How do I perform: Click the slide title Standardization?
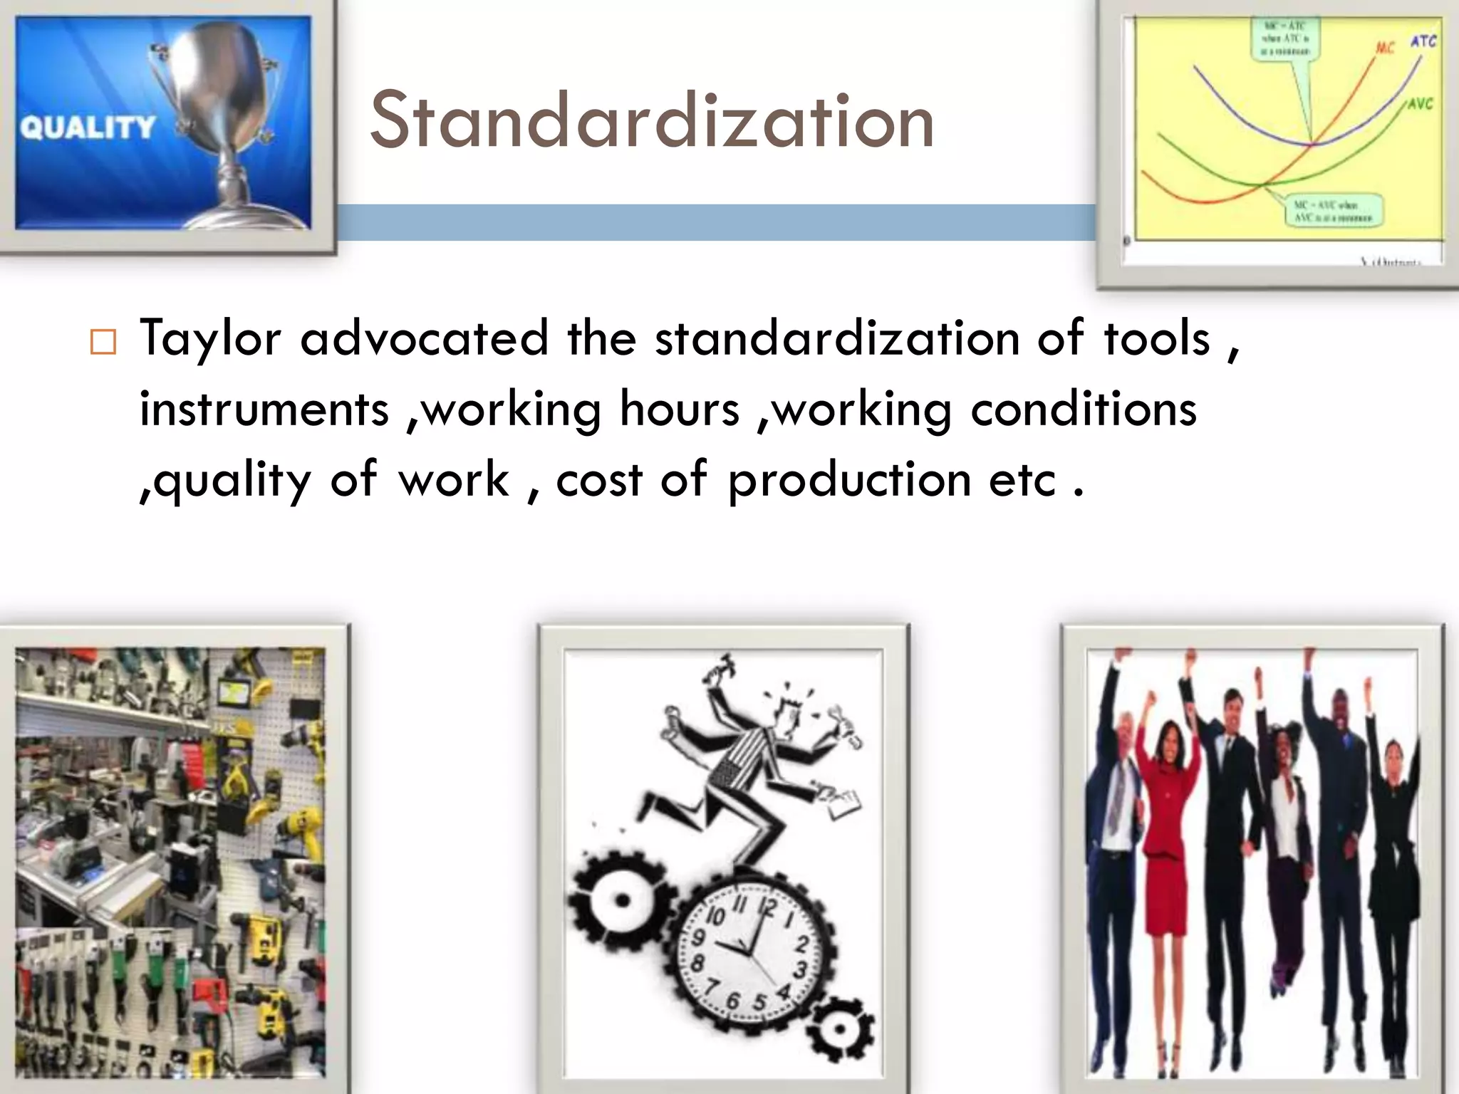651,121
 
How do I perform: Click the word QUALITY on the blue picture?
87,127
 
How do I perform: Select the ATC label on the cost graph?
1423,41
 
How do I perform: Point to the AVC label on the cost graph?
1420,104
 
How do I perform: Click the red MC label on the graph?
1384,48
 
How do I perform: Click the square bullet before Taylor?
103,343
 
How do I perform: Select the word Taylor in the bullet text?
210,339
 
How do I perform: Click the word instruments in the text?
264,410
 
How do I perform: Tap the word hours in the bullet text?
680,410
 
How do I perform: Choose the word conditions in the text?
1084,410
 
